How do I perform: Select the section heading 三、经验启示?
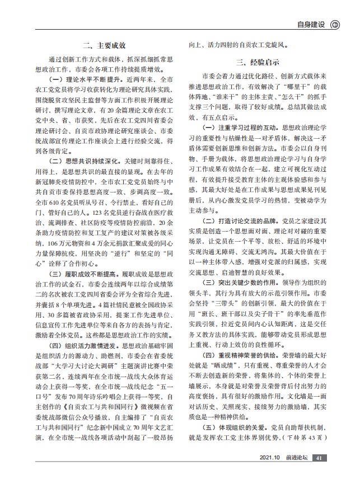point(258,62)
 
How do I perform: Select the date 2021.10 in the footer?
point(269,473)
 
